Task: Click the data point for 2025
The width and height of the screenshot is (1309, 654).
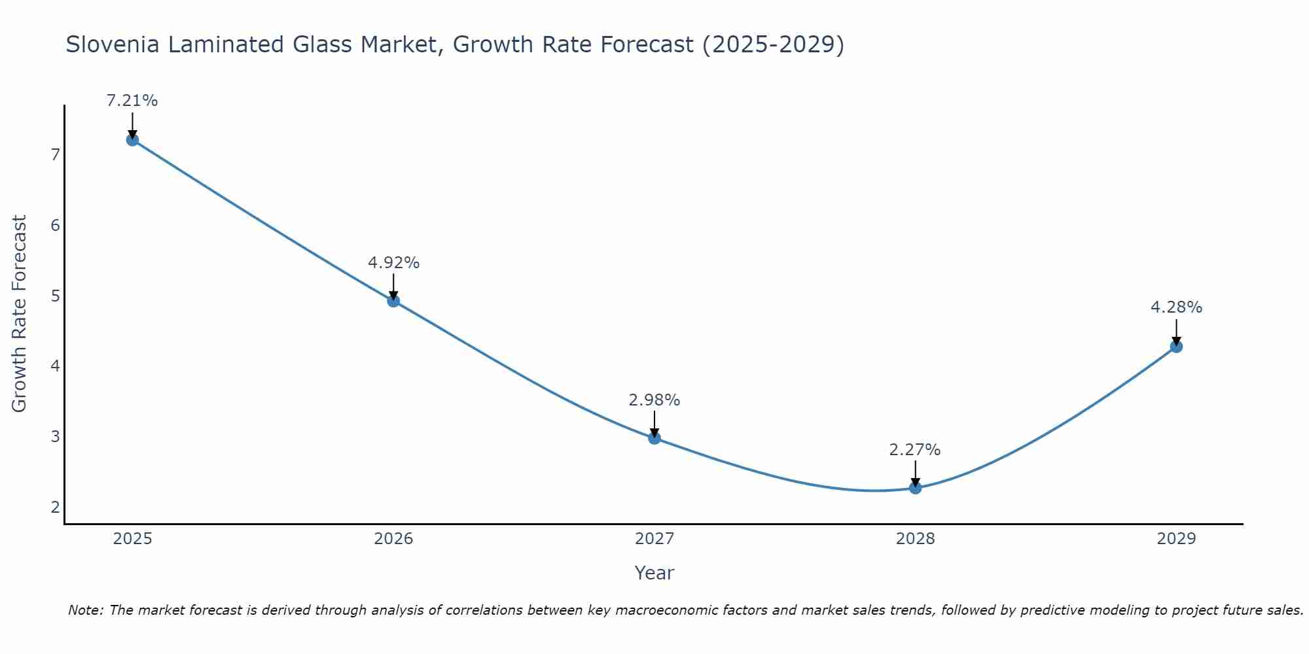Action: tap(132, 139)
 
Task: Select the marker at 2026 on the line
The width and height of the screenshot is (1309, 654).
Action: tap(393, 301)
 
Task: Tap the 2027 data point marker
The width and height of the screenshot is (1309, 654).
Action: tap(654, 438)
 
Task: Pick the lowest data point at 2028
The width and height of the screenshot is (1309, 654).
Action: tap(915, 488)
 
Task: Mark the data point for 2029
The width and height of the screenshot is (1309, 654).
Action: tap(1176, 347)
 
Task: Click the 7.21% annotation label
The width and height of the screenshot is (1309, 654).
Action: tap(132, 101)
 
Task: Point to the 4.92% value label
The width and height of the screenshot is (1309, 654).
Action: tap(393, 263)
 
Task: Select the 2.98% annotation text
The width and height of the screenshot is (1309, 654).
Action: tap(654, 400)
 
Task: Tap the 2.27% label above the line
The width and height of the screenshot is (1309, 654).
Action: tap(915, 450)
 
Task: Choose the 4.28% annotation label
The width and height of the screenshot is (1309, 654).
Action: tap(1176, 307)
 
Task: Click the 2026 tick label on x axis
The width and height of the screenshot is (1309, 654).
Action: tap(393, 539)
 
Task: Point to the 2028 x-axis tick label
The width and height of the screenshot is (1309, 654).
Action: tap(915, 539)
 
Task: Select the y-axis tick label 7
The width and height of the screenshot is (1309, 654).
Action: tap(55, 155)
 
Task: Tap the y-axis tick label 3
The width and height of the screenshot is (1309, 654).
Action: tap(55, 436)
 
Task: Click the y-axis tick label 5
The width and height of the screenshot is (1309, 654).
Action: tap(55, 296)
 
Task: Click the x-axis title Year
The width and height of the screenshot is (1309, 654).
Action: tap(654, 573)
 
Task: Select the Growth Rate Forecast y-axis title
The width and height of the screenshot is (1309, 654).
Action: tap(20, 314)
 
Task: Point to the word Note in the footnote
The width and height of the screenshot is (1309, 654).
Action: tap(84, 610)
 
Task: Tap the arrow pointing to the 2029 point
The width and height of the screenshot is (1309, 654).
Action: tap(1176, 332)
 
